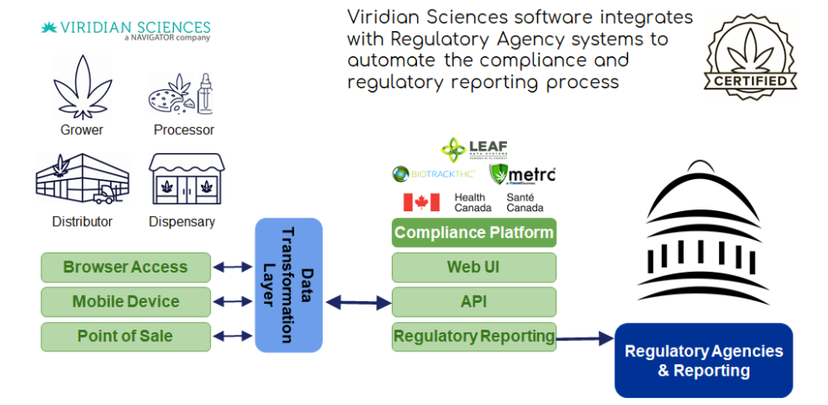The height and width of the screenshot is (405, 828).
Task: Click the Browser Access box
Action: tap(125, 267)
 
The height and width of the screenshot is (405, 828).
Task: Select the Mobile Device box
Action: tap(125, 302)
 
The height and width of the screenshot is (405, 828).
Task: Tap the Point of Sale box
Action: tap(125, 337)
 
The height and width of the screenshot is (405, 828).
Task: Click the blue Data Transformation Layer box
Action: tap(288, 286)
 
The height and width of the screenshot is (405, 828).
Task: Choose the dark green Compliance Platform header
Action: tap(473, 233)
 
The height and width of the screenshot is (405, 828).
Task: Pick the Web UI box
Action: tap(473, 267)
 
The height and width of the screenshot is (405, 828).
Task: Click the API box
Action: tap(473, 302)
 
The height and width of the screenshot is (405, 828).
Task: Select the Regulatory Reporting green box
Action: tap(473, 337)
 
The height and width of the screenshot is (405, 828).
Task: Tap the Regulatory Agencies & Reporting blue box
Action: tap(703, 361)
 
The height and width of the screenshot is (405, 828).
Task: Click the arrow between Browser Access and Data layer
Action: tap(233, 267)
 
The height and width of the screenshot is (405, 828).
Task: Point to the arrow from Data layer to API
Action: tap(357, 303)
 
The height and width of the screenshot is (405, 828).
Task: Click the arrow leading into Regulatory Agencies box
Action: tap(585, 339)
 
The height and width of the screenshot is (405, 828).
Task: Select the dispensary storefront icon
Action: tap(182, 182)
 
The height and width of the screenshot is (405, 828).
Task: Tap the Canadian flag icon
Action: tap(421, 202)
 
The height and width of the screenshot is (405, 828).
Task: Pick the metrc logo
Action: tap(523, 175)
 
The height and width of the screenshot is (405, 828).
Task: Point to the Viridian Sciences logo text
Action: tap(125, 29)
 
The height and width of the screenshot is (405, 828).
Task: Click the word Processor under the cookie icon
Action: tap(183, 131)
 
